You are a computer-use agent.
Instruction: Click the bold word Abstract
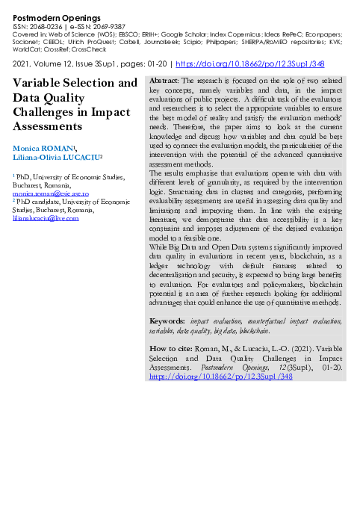pos(164,80)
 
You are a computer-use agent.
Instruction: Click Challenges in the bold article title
pos(49,111)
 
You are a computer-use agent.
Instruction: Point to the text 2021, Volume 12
pos(40,64)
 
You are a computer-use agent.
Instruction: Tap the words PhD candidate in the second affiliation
pos(40,201)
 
